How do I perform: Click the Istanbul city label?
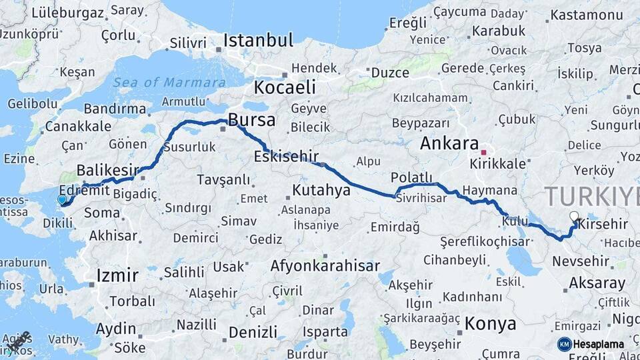[258, 40]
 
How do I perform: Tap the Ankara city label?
[449, 143]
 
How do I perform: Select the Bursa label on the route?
[251, 120]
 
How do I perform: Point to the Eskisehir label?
[285, 157]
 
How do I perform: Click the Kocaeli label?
[284, 87]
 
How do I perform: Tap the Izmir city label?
[117, 275]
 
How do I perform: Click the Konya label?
[490, 324]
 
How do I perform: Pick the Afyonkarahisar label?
[325, 265]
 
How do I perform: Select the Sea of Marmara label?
[169, 83]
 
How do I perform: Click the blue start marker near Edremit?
[62, 199]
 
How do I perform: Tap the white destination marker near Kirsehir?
[574, 216]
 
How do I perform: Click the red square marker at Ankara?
[484, 143]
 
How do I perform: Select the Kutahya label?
[321, 191]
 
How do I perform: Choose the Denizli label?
[252, 332]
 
